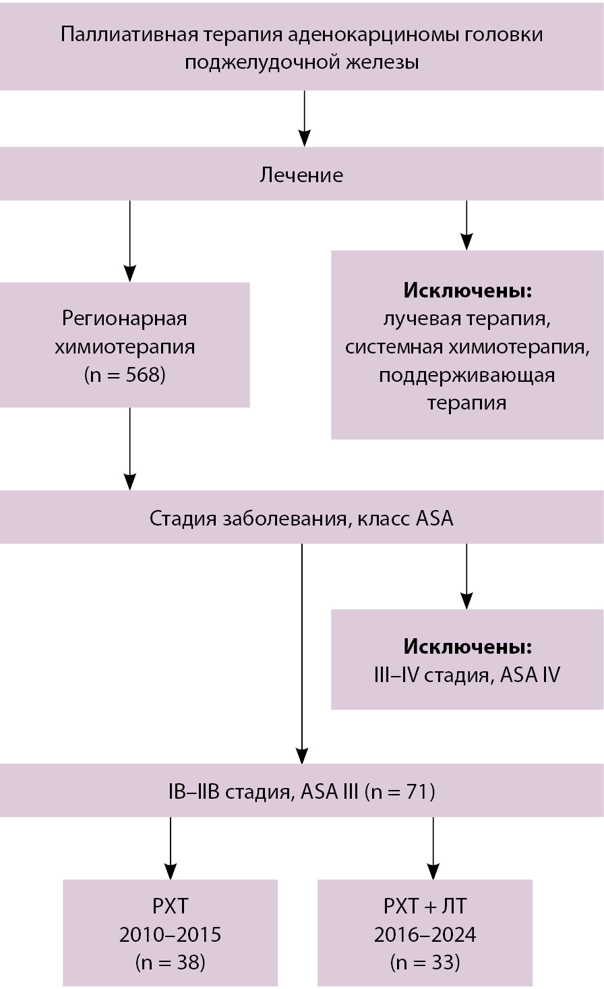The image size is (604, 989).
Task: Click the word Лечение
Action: [301, 175]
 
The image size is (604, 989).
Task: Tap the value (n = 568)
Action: [125, 375]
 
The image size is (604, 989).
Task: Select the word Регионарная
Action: [125, 318]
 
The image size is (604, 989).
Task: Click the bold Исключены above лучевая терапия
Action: [467, 291]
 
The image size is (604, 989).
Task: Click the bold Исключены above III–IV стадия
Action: [467, 646]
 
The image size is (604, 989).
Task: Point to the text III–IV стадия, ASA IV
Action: [467, 675]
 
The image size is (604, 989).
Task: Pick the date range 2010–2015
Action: [170, 934]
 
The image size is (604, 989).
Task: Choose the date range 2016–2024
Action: [425, 934]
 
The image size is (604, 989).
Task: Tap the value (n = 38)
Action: [170, 962]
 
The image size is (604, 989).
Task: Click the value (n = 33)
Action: [425, 962]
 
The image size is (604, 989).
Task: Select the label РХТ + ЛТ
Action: [425, 906]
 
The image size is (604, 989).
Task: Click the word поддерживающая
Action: [467, 375]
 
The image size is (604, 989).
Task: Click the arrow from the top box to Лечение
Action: [305, 118]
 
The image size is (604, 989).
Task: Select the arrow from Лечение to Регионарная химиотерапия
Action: [129, 241]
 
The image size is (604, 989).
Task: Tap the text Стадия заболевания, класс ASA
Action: [301, 519]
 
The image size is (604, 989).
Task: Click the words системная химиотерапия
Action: [467, 347]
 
